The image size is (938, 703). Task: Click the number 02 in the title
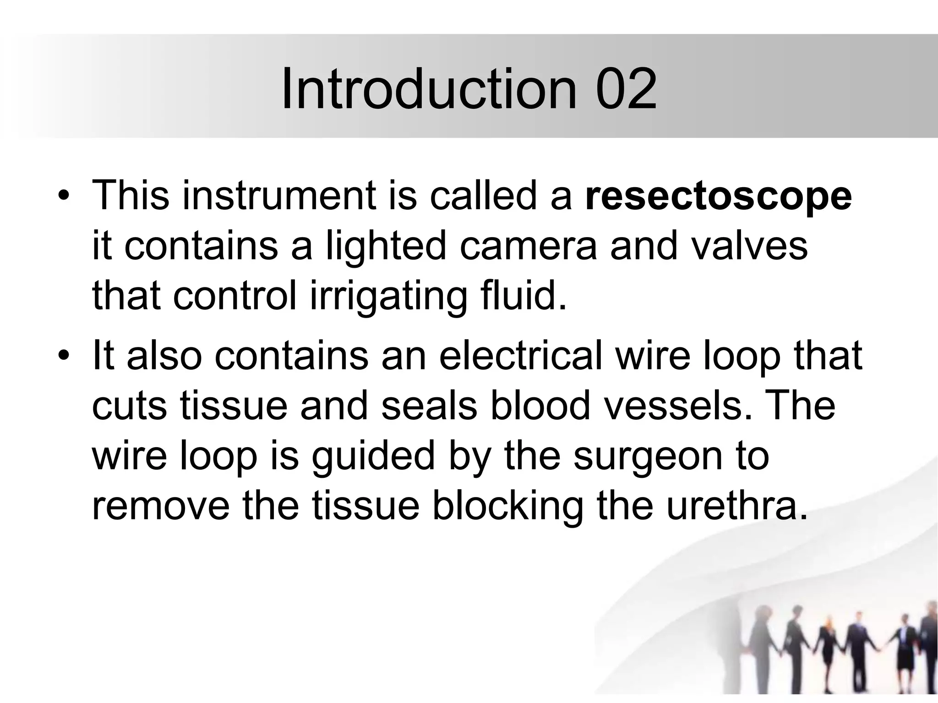(627, 89)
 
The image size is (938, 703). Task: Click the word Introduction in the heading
(428, 89)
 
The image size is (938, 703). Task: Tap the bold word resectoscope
(718, 197)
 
